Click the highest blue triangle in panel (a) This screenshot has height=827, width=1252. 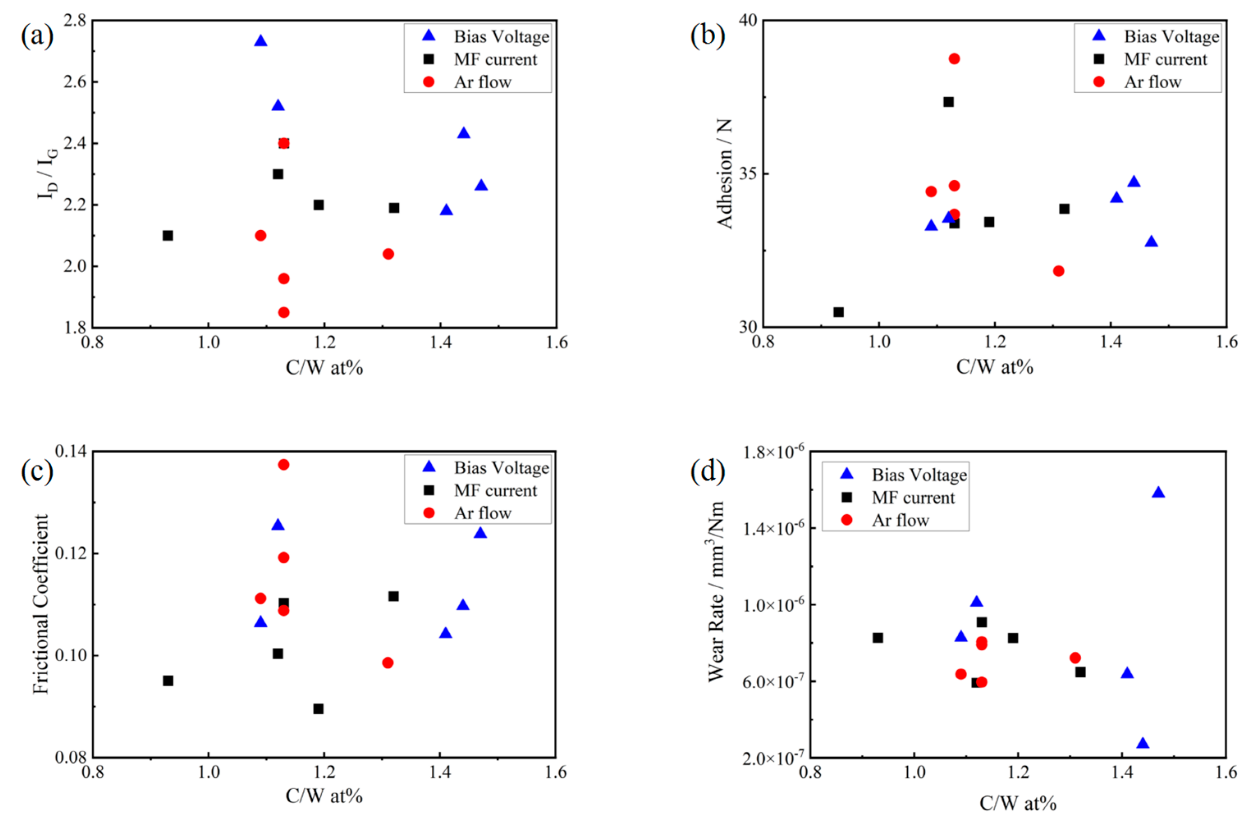tap(261, 41)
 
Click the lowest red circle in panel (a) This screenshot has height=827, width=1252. tap(284, 312)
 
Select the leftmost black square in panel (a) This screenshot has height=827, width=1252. tap(168, 235)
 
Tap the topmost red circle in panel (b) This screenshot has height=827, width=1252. tap(954, 59)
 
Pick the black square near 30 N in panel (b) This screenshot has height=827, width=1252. tap(838, 312)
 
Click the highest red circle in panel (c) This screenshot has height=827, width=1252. tap(283, 465)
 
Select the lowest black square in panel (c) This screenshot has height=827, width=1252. tap(318, 708)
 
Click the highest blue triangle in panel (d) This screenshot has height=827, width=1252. tap(1158, 493)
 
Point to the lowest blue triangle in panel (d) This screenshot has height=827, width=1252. tap(1143, 744)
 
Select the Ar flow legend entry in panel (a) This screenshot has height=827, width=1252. tap(482, 82)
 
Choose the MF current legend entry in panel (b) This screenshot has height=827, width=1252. tap(1165, 59)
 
